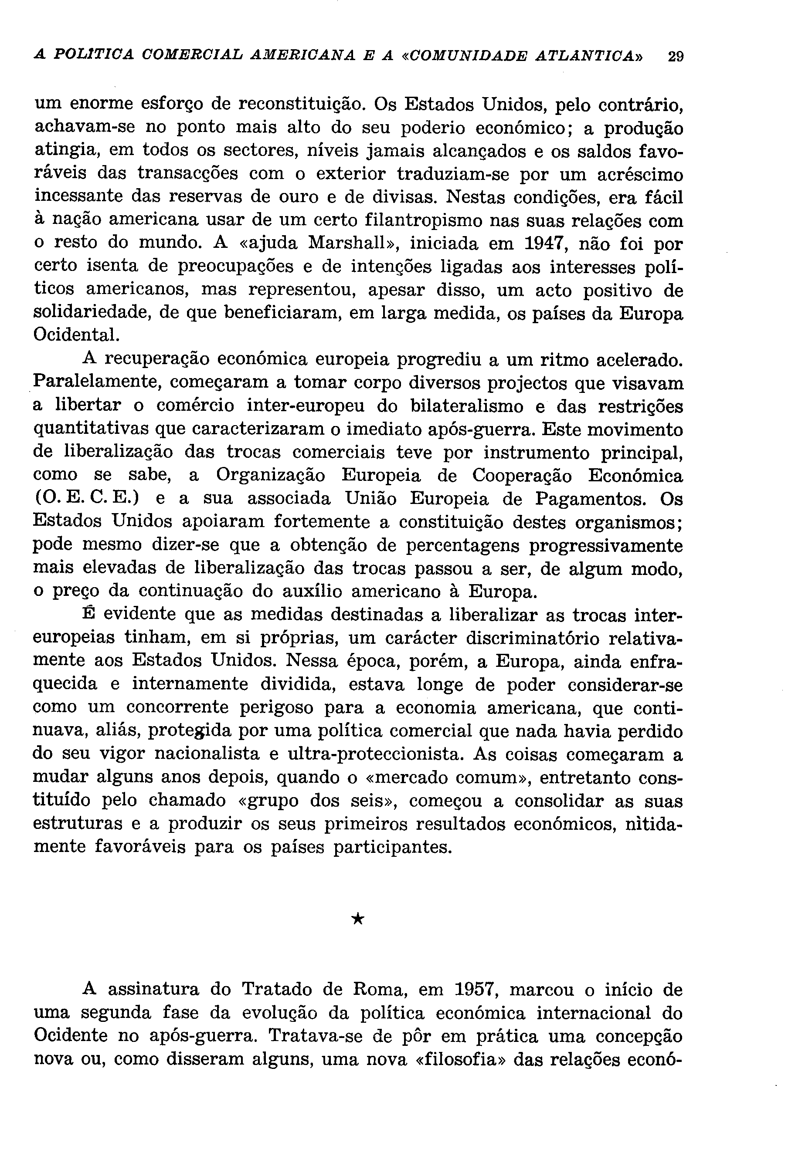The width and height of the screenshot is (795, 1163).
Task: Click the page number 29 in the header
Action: pos(675,56)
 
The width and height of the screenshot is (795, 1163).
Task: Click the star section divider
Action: pos(357,919)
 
